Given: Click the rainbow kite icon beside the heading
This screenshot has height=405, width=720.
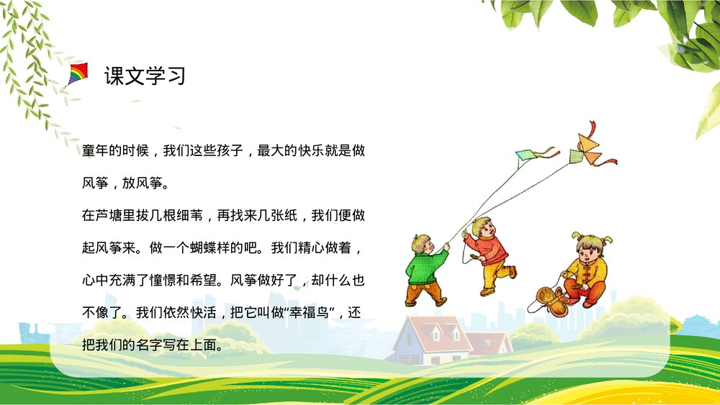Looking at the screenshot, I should (x=77, y=74).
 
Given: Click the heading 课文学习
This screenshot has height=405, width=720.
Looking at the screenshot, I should (x=145, y=75).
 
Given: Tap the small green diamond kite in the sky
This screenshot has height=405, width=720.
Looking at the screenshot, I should (x=526, y=154).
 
